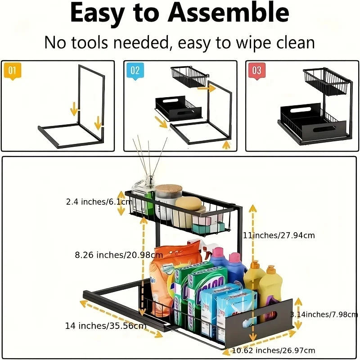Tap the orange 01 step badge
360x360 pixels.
click(x=12, y=71)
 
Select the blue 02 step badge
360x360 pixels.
click(x=135, y=71)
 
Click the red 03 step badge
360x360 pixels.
click(x=256, y=71)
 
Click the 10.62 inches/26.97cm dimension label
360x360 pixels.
click(x=274, y=350)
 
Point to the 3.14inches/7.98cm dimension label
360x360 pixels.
click(x=324, y=314)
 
